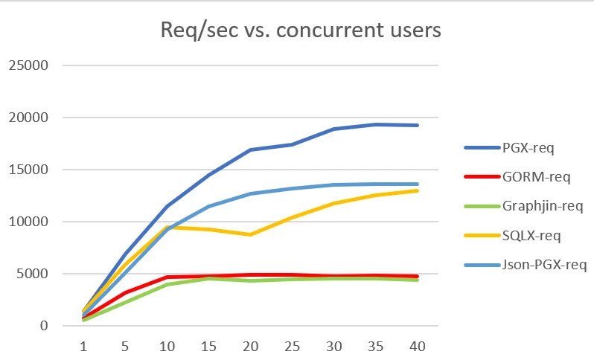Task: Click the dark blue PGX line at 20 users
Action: (253, 150)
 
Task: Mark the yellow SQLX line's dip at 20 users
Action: (253, 234)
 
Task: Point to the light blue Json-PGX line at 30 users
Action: (338, 184)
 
